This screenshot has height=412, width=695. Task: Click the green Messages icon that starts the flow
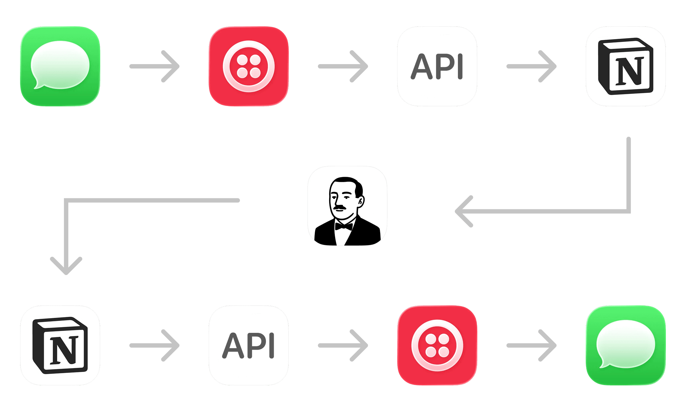click(x=60, y=66)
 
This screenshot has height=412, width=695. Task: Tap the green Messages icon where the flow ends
click(x=625, y=345)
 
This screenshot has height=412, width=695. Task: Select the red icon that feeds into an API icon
click(x=249, y=66)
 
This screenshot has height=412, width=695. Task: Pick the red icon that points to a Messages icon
click(x=437, y=345)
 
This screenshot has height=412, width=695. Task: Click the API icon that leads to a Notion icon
click(x=437, y=66)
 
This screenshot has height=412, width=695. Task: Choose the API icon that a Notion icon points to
click(x=249, y=345)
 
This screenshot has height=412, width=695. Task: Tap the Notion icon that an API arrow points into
click(x=625, y=66)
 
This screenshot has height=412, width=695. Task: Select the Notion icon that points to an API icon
click(x=60, y=345)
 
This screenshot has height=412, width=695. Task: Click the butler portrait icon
click(x=347, y=206)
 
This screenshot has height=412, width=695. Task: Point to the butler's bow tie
click(x=344, y=226)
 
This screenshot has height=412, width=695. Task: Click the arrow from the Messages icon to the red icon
click(x=154, y=66)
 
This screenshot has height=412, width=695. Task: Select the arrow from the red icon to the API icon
click(x=343, y=66)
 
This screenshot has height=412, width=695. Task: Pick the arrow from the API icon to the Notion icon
click(x=532, y=66)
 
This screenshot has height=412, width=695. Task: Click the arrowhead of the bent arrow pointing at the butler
click(x=463, y=211)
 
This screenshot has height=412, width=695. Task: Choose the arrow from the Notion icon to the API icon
click(x=154, y=345)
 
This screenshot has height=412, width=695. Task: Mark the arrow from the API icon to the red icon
click(x=343, y=345)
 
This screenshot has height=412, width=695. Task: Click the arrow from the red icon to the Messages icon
click(x=532, y=345)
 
